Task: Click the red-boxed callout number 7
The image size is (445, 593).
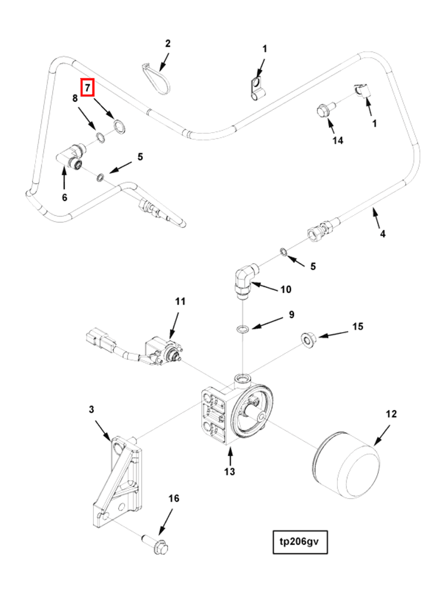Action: (87, 88)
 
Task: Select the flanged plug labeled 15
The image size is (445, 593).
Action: (307, 339)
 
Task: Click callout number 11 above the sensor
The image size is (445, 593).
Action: (180, 302)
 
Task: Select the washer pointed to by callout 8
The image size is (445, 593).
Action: (101, 137)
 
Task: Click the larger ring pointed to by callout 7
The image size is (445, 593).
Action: (119, 126)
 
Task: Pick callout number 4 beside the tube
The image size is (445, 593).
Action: (382, 234)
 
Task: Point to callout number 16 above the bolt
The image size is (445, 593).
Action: (173, 498)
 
